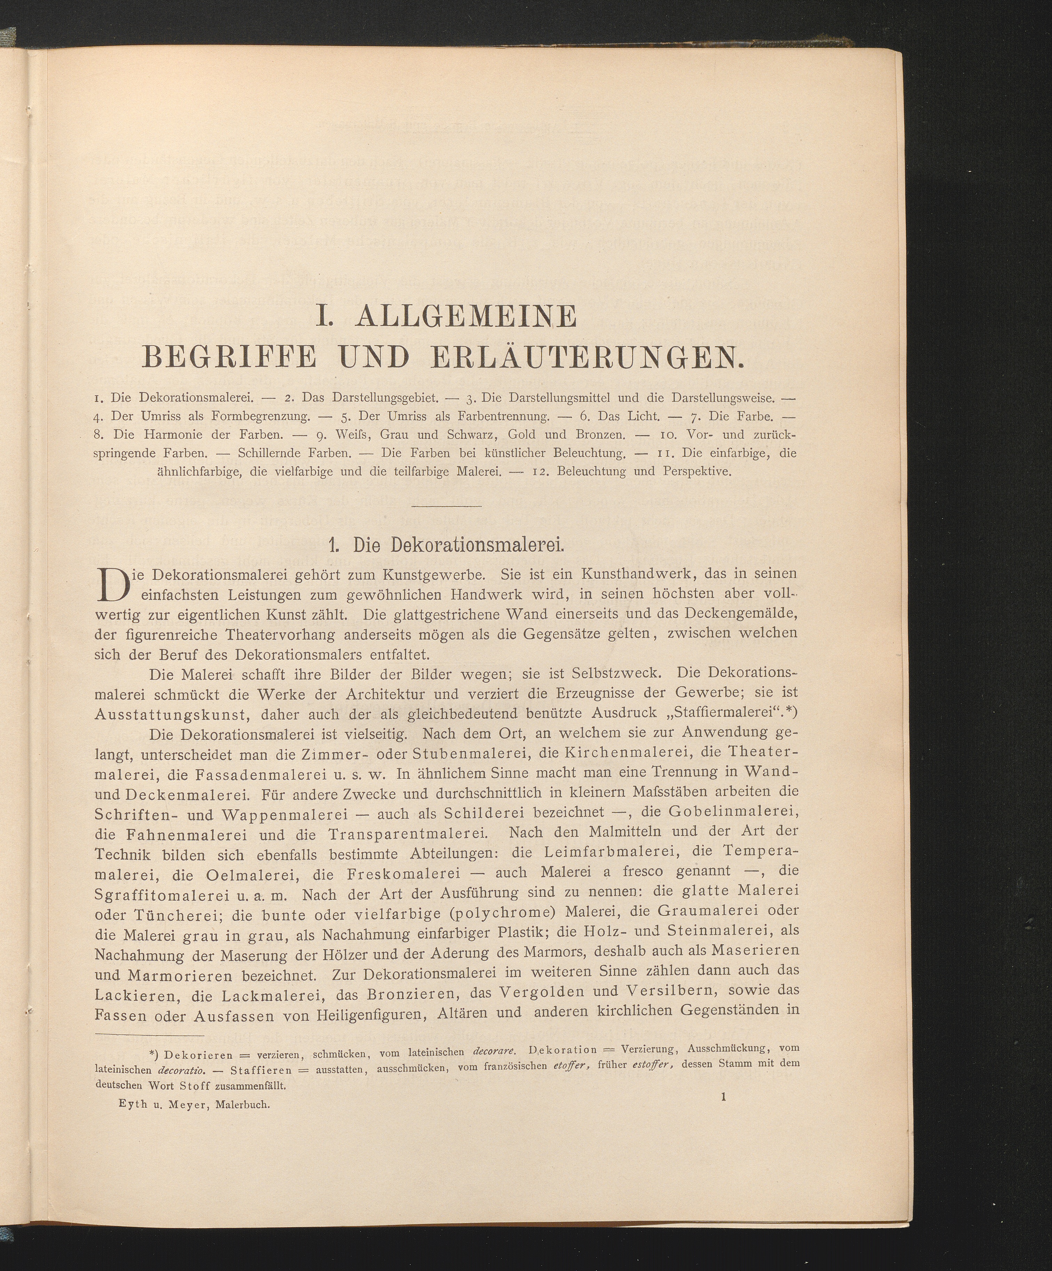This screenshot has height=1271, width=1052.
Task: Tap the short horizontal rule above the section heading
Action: pos(446,505)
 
